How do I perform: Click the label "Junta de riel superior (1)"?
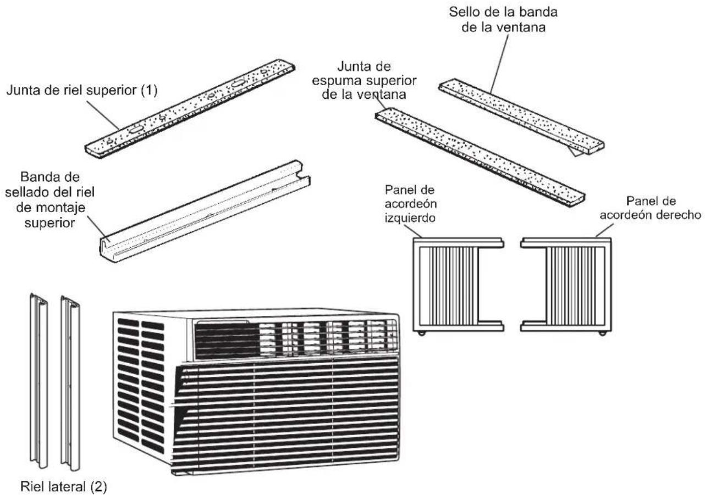(82, 90)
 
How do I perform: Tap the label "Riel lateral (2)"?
(64, 486)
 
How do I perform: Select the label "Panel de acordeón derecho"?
(650, 208)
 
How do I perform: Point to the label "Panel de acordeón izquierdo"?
(410, 204)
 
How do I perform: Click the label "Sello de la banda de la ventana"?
(503, 19)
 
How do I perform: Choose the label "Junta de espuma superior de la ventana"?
(364, 81)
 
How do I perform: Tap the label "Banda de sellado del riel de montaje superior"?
(49, 200)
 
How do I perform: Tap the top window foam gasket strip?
(480, 157)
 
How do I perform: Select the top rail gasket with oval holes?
(190, 109)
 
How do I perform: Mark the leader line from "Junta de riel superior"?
(103, 115)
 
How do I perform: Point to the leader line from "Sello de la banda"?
(499, 64)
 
